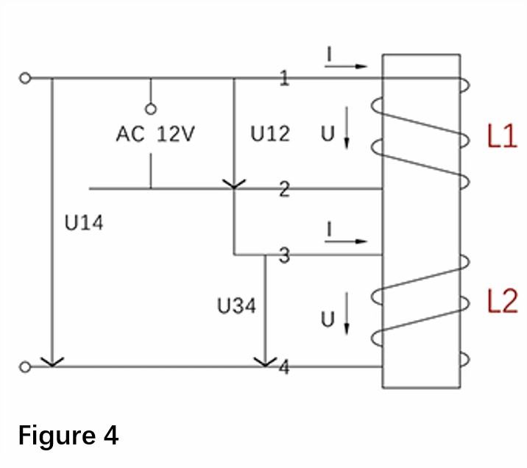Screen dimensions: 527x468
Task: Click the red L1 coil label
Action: tap(502, 135)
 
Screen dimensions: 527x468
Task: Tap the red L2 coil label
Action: tap(502, 302)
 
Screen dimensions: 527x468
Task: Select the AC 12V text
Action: tap(155, 134)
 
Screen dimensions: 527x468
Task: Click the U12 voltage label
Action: tap(270, 134)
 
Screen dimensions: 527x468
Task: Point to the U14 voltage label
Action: tap(84, 223)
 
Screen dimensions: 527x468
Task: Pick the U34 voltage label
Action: tap(236, 306)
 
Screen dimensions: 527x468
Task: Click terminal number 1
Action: tap(284, 78)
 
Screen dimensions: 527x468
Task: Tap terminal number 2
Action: tap(284, 189)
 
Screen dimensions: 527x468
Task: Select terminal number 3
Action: tap(284, 255)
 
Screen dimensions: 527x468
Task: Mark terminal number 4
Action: tap(284, 367)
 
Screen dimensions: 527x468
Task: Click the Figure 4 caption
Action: tap(68, 436)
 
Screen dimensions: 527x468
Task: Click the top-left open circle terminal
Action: tap(25, 78)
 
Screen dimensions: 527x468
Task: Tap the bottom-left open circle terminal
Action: tap(25, 367)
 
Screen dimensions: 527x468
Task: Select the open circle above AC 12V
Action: tap(151, 109)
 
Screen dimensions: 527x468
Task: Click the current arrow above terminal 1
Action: tap(346, 66)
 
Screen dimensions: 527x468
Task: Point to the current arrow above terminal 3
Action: tap(346, 241)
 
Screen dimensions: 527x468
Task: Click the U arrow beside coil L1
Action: tap(347, 127)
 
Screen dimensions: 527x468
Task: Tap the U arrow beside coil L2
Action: tap(347, 313)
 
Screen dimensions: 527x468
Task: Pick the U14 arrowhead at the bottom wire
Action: tap(52, 362)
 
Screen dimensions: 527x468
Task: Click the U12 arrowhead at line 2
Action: tap(234, 184)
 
